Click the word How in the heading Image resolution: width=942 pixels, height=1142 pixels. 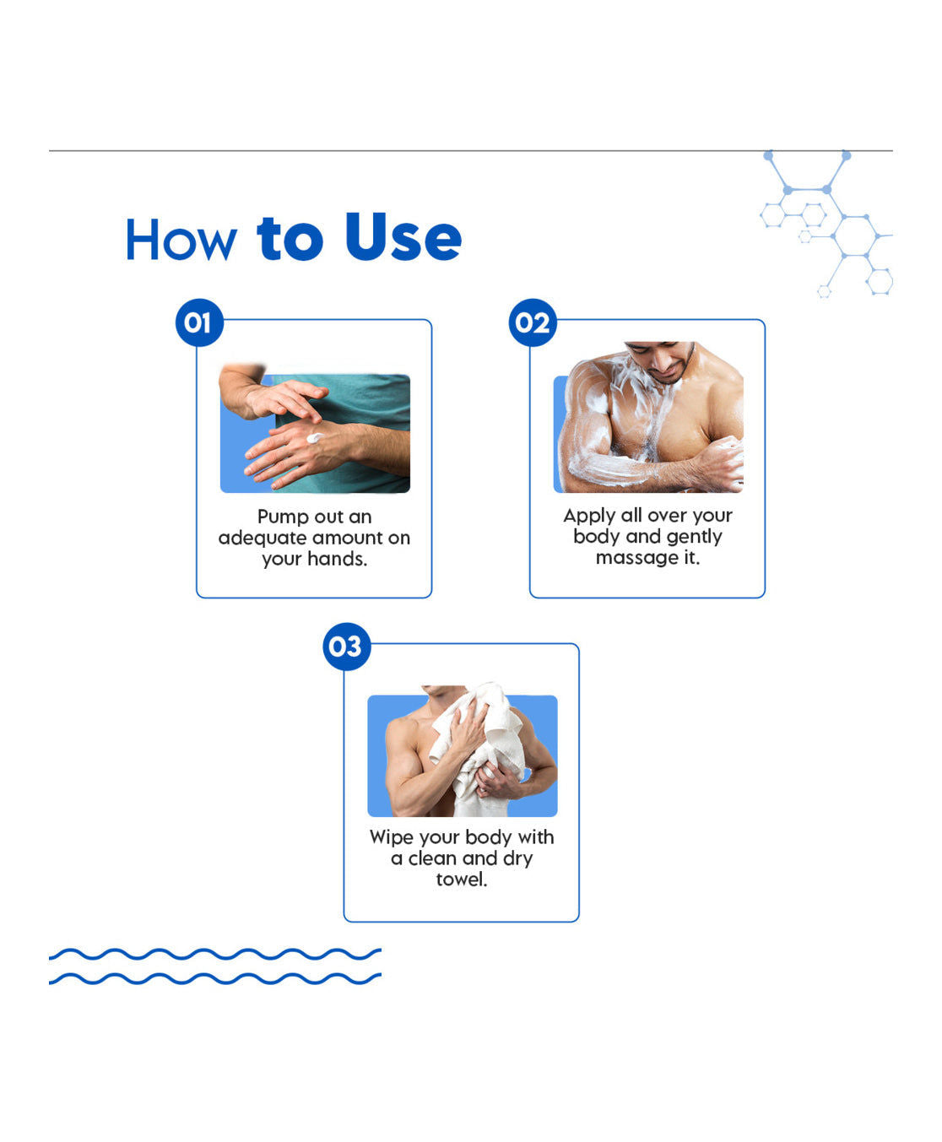[x=181, y=241]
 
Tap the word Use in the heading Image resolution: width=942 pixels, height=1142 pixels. [x=403, y=238]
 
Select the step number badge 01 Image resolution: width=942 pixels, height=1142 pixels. [x=198, y=322]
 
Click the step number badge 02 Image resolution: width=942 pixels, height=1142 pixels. [x=533, y=322]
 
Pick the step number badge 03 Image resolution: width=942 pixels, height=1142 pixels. [x=346, y=647]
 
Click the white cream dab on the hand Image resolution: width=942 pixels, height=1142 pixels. [x=314, y=438]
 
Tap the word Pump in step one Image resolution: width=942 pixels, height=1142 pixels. [x=284, y=517]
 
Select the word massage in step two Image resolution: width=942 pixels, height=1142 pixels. [x=636, y=558]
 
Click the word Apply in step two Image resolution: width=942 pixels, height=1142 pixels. [x=589, y=516]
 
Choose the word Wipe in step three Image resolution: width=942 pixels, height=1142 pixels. [x=392, y=837]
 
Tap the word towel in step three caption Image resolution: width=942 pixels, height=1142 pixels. [x=461, y=880]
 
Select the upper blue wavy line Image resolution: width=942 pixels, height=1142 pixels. [x=214, y=954]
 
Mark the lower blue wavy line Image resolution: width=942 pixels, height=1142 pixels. [x=214, y=979]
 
